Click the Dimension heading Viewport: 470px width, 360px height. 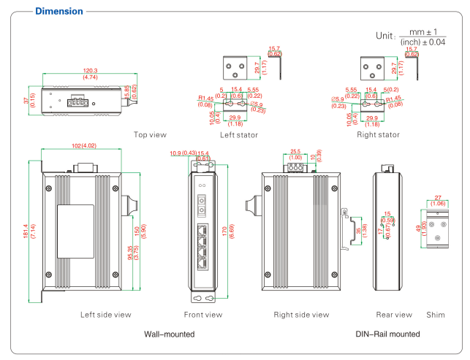coord(59,11)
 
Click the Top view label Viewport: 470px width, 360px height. coord(150,134)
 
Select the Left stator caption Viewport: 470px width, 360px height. coord(238,134)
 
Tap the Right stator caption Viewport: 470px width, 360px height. coord(378,134)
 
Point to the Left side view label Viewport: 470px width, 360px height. coord(106,315)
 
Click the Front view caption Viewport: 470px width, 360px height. coord(203,315)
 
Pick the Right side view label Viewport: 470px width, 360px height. coord(301,315)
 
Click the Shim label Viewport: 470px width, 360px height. coord(435,315)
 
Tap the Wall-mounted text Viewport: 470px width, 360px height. coord(170,334)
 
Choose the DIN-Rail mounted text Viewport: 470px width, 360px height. coord(387,334)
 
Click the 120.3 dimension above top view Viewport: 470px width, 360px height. coord(90,71)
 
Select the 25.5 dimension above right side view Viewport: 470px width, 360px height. coord(295,152)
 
